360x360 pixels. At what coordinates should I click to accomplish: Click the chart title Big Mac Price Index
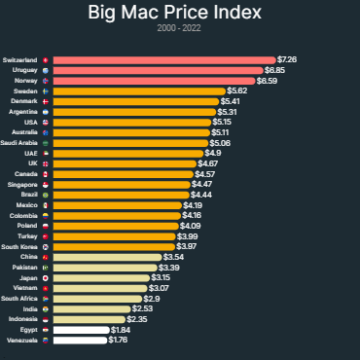[180, 14]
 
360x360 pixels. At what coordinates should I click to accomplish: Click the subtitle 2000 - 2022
[179, 29]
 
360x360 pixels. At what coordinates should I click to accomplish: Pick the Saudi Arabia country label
[20, 143]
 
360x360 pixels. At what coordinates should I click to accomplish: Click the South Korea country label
[22, 247]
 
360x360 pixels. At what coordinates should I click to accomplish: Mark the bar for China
[107, 257]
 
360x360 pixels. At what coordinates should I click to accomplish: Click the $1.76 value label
[118, 341]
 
